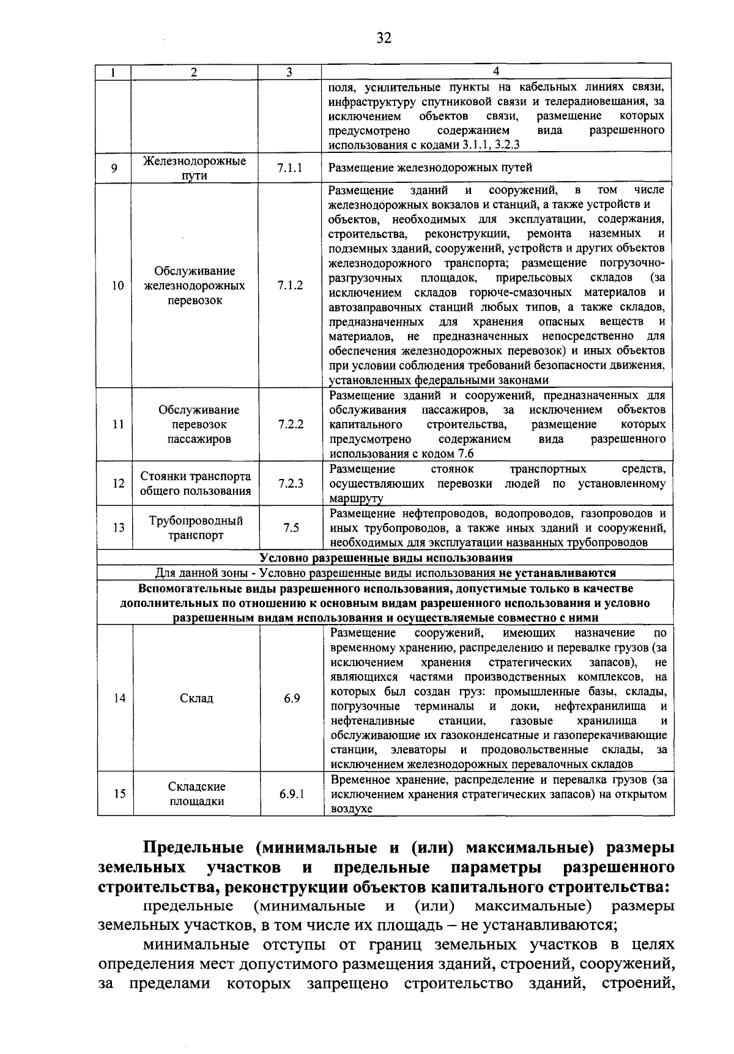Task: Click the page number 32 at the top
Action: coord(384,39)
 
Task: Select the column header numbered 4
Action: coord(496,71)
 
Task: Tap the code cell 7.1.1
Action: coord(289,168)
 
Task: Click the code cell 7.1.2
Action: coord(290,285)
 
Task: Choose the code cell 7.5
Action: coord(291,527)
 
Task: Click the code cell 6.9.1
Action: coord(292,793)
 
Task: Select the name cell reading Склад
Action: coord(196,698)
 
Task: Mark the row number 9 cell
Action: coord(114,168)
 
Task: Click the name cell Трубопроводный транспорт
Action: coord(196,528)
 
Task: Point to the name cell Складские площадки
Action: coord(196,794)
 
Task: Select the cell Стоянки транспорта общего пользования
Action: coord(196,483)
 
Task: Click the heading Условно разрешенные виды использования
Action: coord(385,558)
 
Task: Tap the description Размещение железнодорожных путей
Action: coord(431,168)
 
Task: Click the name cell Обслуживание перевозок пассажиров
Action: coord(196,424)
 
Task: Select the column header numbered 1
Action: coord(114,72)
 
